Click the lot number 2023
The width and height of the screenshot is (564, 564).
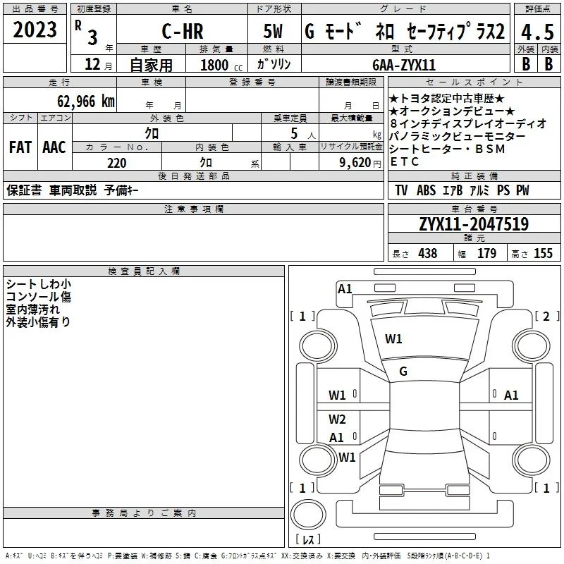click(35, 30)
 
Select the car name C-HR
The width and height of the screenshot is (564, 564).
click(183, 31)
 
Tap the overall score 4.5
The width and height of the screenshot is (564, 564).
click(537, 32)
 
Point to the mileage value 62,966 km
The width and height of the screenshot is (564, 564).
click(86, 102)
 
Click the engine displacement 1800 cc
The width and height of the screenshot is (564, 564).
click(221, 65)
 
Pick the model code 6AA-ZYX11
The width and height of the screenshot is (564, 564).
click(404, 65)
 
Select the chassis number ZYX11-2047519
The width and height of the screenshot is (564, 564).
click(474, 224)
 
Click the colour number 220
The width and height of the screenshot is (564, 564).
click(117, 163)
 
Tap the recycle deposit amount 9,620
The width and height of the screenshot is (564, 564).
click(355, 163)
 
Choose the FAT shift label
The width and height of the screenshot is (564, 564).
click(20, 147)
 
